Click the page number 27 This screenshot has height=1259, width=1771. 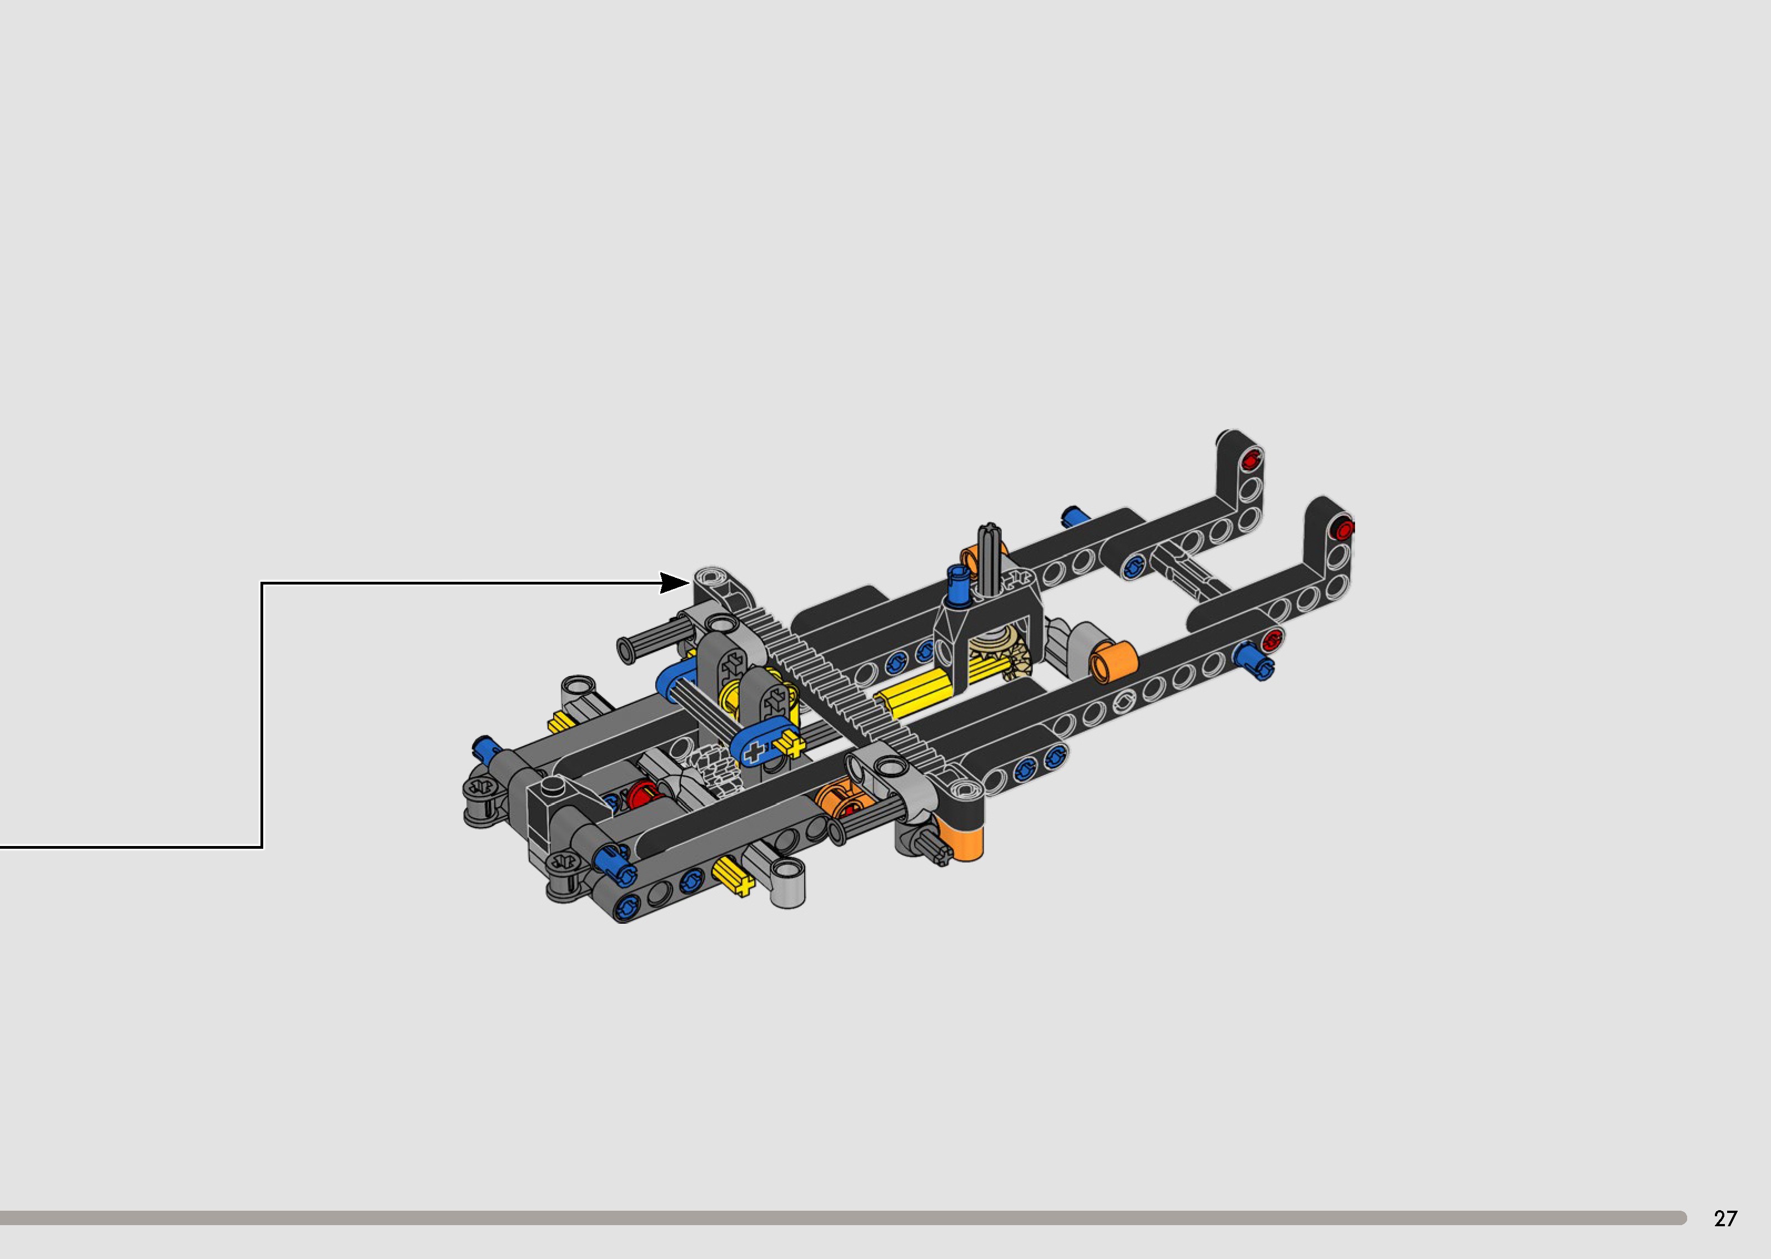[x=1725, y=1218]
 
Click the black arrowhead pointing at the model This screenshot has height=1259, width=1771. [x=673, y=582]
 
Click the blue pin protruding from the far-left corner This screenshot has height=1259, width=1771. [x=485, y=748]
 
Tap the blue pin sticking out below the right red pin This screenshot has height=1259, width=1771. [x=1252, y=661]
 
